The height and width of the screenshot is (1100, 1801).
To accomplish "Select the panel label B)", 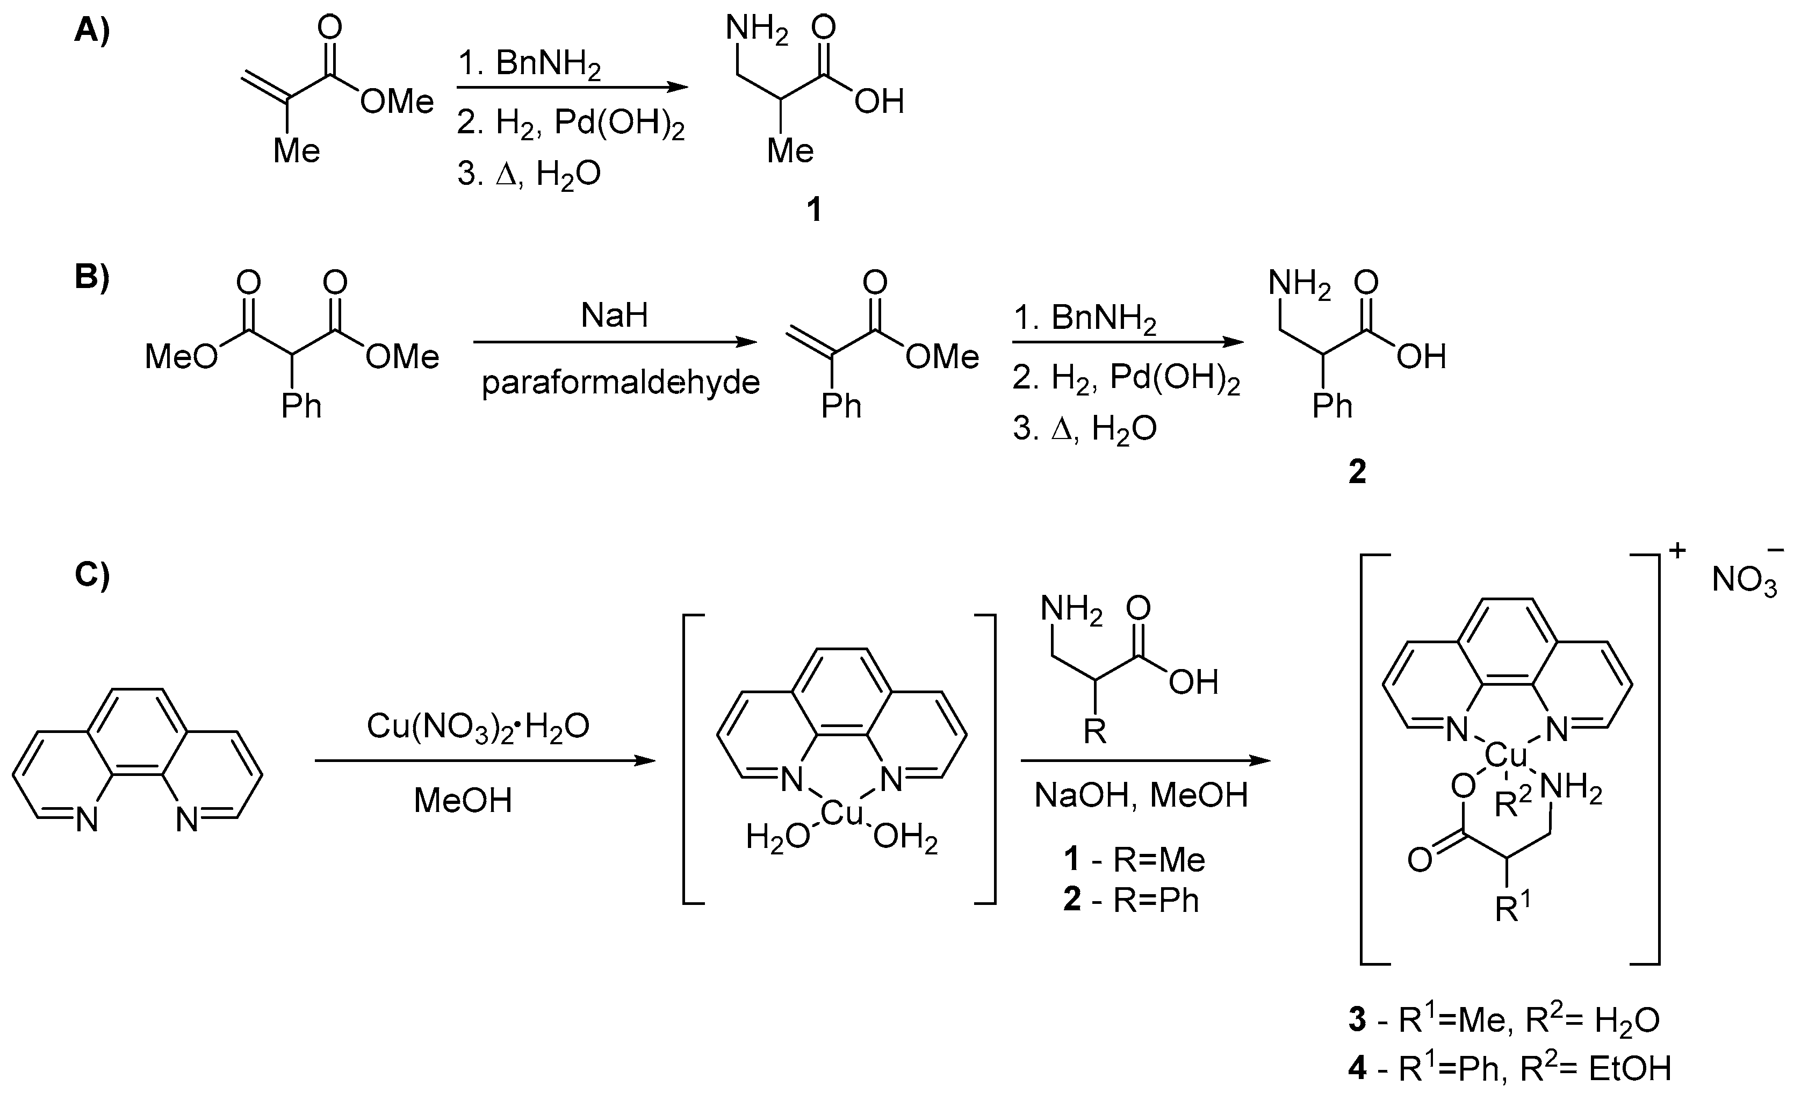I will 92,278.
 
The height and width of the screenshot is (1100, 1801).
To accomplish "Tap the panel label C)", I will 92,574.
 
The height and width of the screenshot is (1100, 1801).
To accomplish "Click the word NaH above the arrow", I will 614,316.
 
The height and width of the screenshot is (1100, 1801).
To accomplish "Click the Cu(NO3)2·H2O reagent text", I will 478,727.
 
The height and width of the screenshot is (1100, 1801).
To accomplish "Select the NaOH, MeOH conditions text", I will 1141,795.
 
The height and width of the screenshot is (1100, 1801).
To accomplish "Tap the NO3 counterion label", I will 1744,582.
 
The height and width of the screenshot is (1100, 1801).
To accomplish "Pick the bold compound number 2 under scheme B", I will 1357,472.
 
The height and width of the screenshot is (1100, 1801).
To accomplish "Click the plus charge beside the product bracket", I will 1677,550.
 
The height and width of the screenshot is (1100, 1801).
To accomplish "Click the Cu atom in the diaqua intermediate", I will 842,813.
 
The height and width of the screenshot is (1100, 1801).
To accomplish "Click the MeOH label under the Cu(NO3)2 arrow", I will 463,800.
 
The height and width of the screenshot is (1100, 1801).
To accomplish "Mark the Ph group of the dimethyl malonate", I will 301,406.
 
